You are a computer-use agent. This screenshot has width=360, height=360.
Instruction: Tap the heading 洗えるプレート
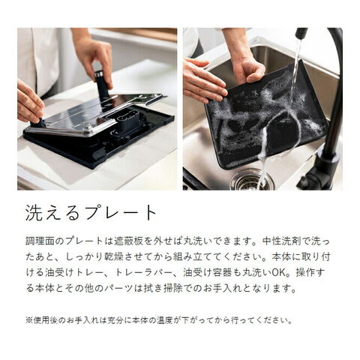tap(91, 213)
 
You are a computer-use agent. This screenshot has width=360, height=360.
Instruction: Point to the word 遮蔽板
tap(128, 241)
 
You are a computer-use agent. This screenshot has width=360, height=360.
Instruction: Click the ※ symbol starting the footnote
tap(29, 320)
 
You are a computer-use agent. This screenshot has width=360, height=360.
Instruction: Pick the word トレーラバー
tap(143, 273)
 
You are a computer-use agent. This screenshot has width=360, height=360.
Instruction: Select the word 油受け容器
tap(207, 273)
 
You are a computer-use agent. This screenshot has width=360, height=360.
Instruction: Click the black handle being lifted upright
tap(102, 84)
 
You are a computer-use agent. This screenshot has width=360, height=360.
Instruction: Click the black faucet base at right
tap(317, 172)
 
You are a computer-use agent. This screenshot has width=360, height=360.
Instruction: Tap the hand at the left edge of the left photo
tap(30, 101)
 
